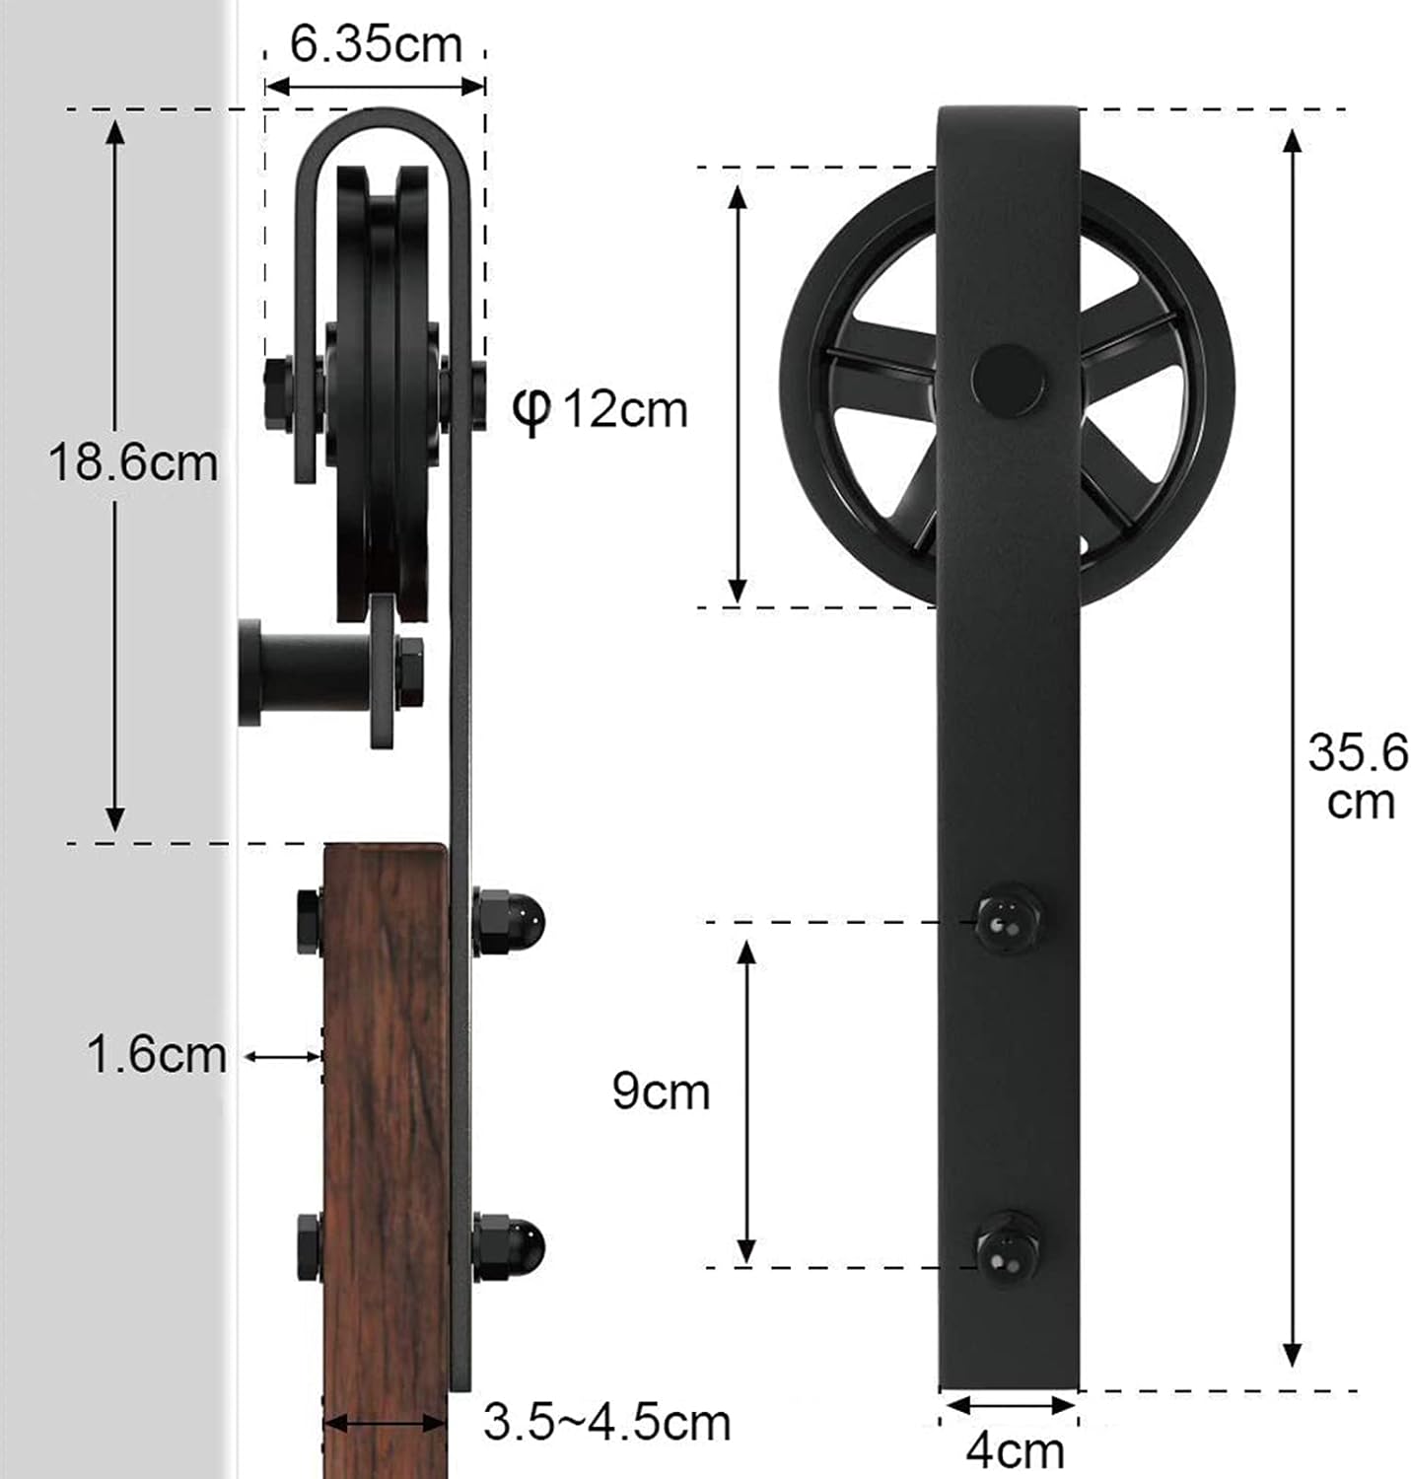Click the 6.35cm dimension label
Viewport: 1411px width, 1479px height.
(x=376, y=44)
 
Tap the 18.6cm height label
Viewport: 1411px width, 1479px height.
(x=133, y=462)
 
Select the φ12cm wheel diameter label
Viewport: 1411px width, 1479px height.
(x=600, y=408)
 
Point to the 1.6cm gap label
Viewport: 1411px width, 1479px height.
(x=157, y=1054)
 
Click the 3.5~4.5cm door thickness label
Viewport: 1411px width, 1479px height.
(x=606, y=1422)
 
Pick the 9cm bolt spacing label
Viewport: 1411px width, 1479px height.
(x=661, y=1092)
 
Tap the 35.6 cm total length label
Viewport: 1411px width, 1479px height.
(x=1358, y=777)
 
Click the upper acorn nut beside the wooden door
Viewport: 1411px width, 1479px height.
(x=510, y=921)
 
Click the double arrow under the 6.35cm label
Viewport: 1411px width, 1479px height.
(x=376, y=86)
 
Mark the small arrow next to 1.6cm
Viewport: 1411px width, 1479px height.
(x=283, y=1056)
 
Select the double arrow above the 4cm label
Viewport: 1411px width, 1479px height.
(x=1008, y=1405)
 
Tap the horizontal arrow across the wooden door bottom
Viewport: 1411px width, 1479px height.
(x=385, y=1423)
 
